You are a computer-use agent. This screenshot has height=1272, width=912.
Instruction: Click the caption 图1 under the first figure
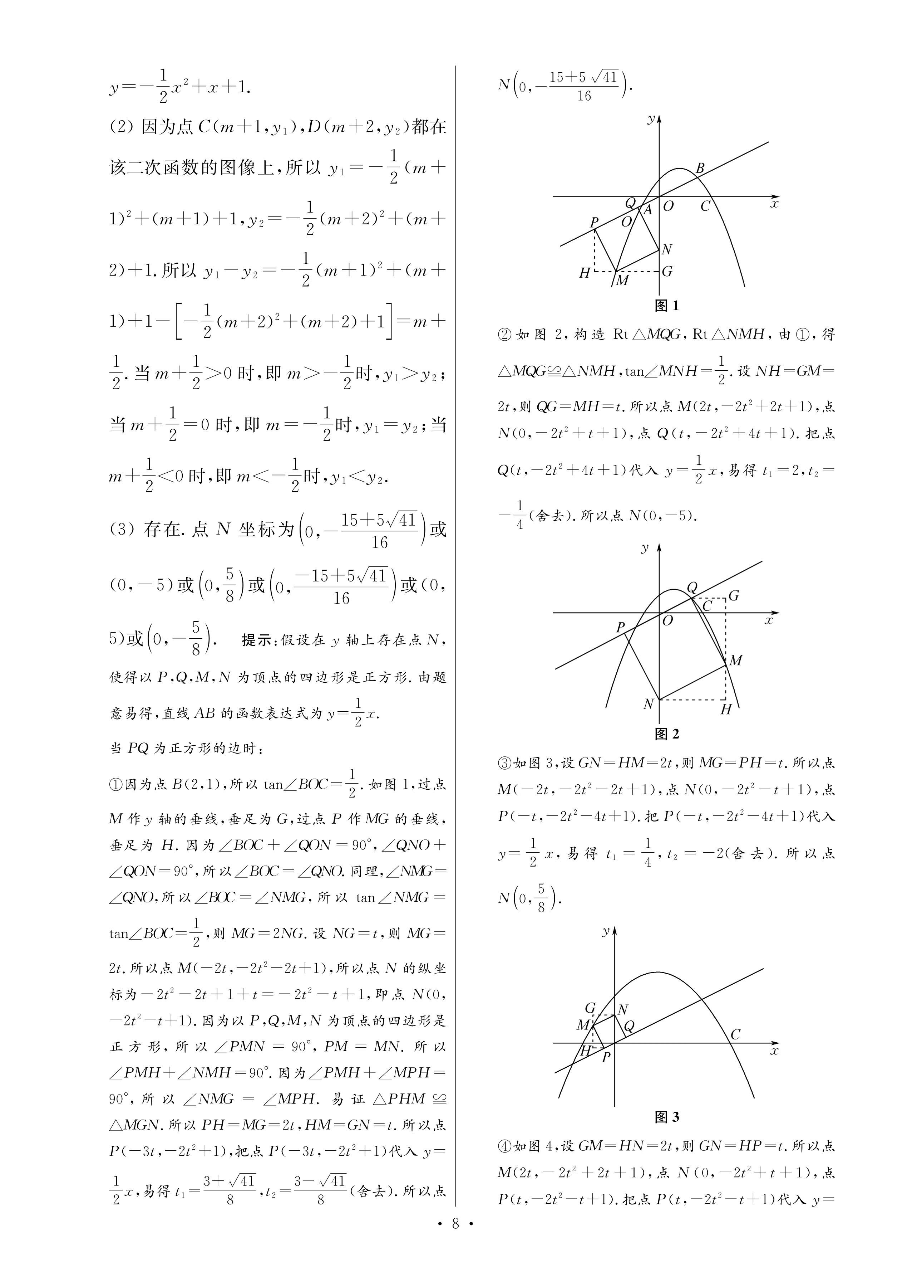pyautogui.click(x=666, y=306)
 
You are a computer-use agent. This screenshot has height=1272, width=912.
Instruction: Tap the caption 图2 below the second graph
pyautogui.click(x=666, y=734)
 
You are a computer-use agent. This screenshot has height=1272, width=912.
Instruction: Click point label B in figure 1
pyautogui.click(x=700, y=168)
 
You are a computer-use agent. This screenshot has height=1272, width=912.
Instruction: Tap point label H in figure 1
pyautogui.click(x=585, y=273)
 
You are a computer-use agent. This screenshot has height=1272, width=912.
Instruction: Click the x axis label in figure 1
pyautogui.click(x=774, y=204)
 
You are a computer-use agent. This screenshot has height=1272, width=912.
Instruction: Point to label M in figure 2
pyautogui.click(x=735, y=661)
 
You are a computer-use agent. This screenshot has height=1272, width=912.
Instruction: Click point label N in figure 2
pyautogui.click(x=649, y=704)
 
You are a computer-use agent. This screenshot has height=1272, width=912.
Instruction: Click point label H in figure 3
pyautogui.click(x=585, y=1051)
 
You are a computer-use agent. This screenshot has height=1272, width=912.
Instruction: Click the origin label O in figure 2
pyautogui.click(x=667, y=621)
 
